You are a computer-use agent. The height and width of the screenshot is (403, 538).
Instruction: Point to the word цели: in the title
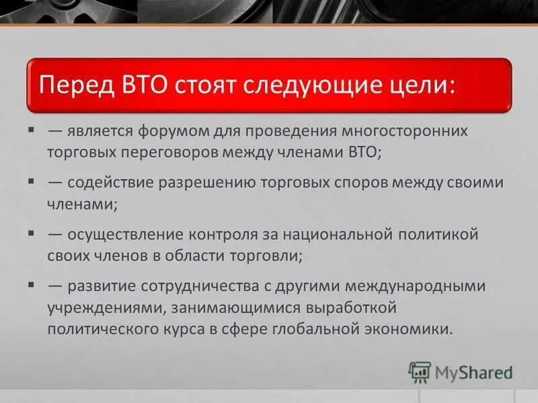click(x=420, y=85)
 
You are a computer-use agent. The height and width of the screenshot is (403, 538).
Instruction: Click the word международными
click(x=414, y=286)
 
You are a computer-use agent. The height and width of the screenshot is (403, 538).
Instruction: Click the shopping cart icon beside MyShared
click(x=419, y=372)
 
